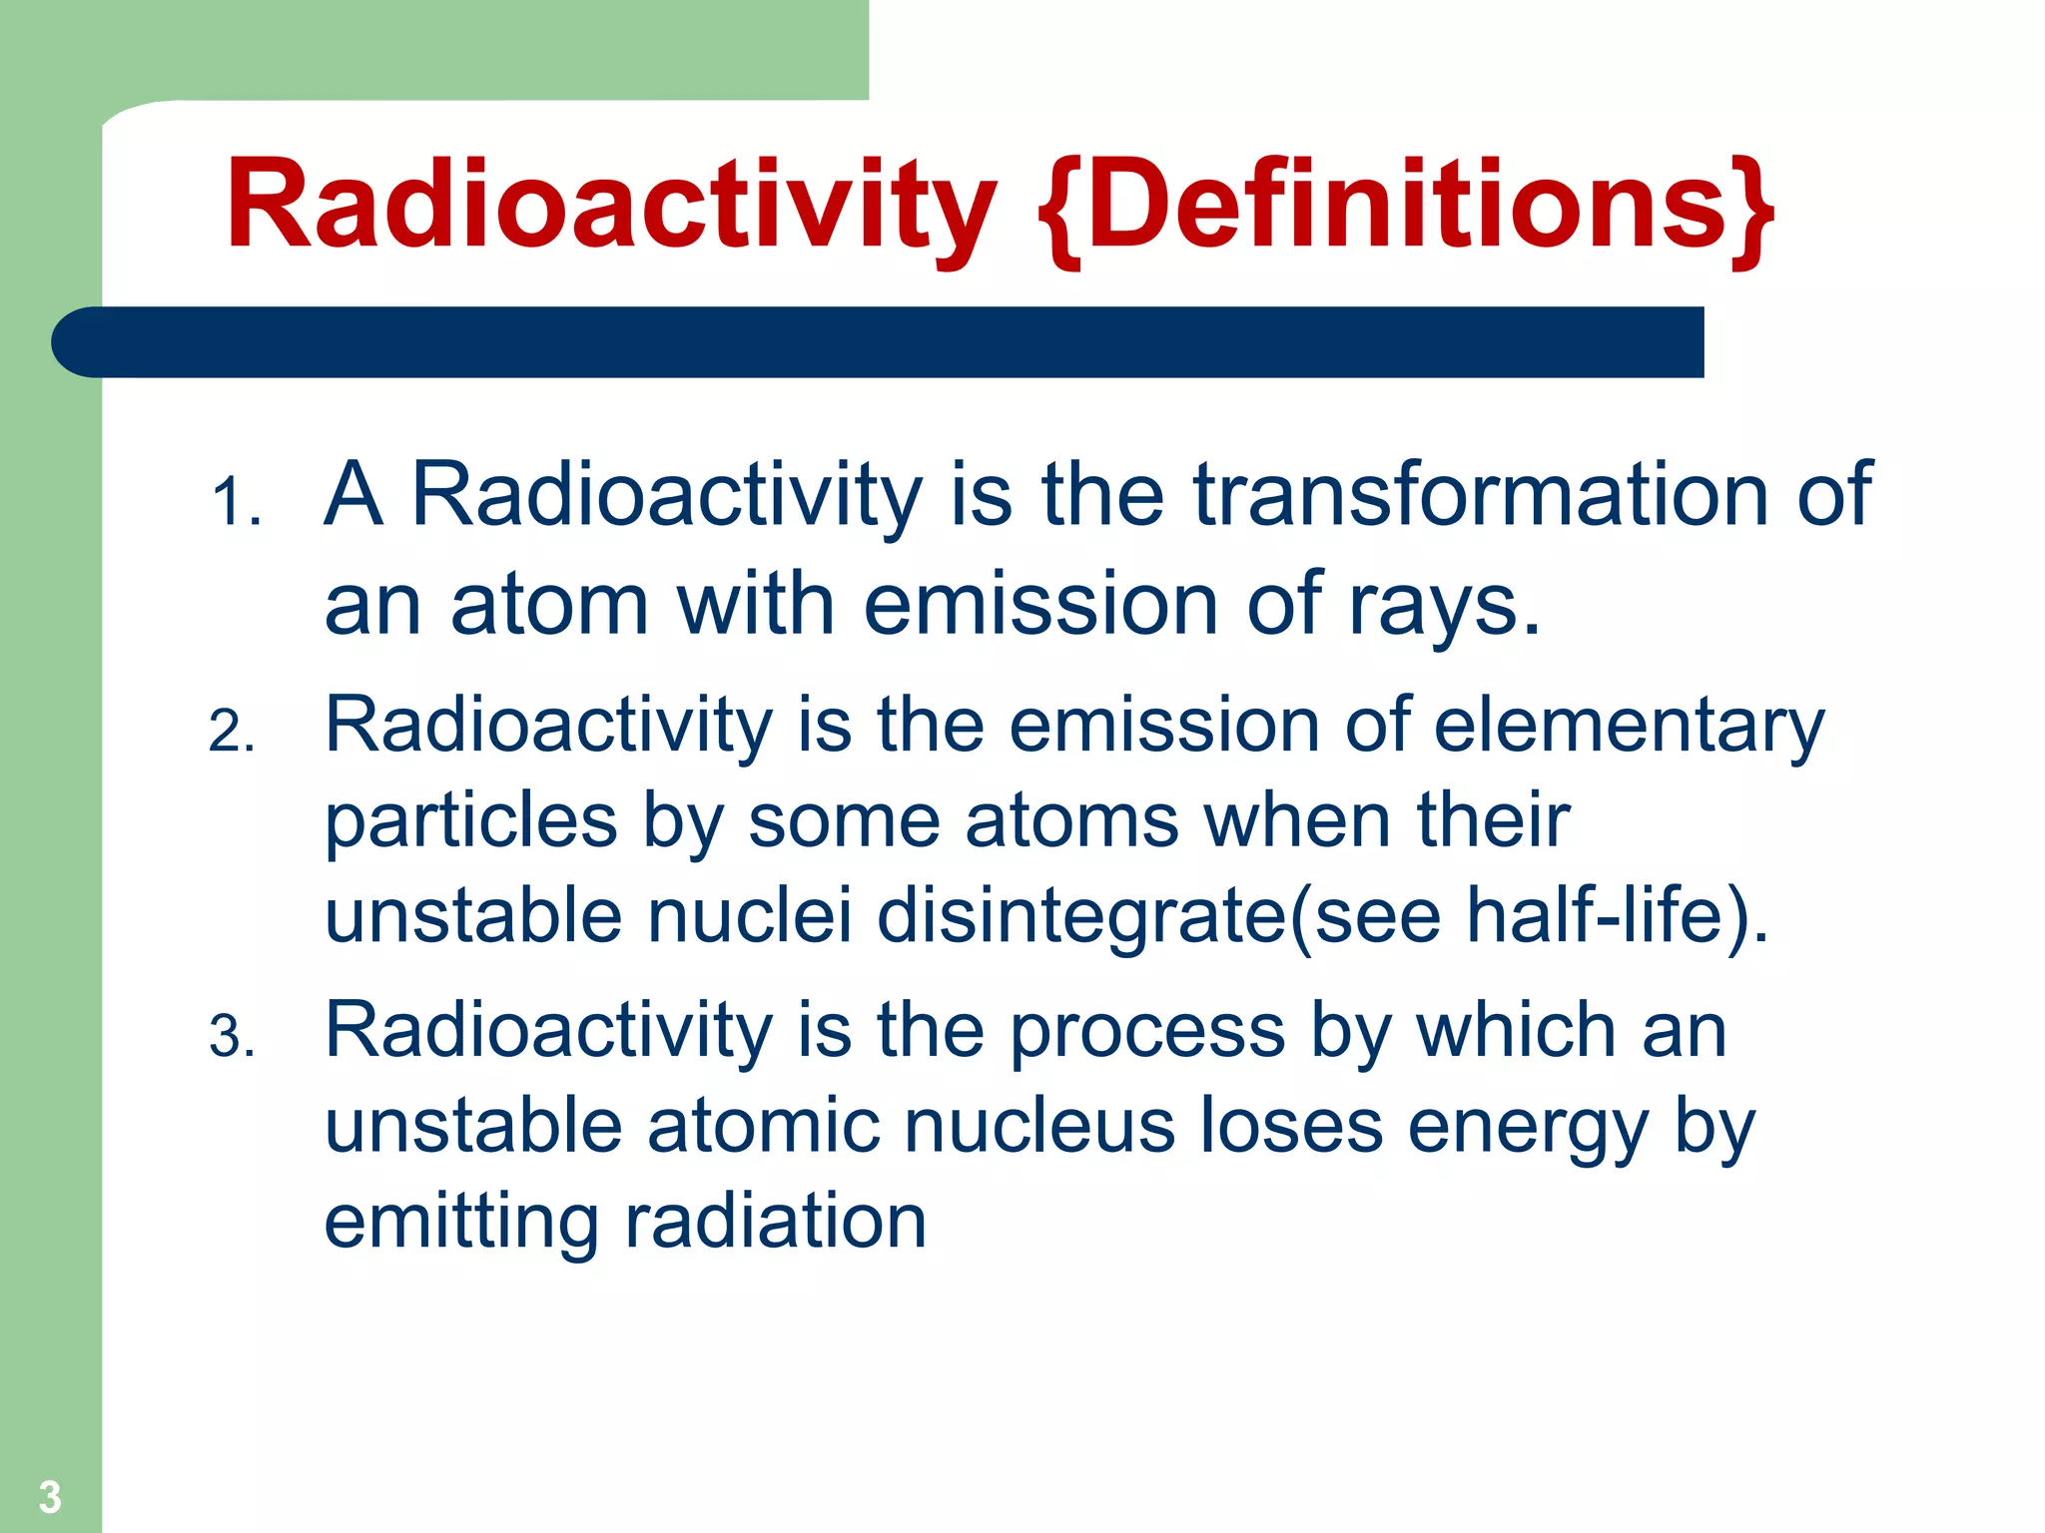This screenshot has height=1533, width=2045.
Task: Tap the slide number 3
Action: point(50,1497)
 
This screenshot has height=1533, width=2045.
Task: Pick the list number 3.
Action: point(232,1037)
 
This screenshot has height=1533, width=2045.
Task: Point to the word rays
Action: point(1443,605)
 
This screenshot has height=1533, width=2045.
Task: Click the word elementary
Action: point(1629,726)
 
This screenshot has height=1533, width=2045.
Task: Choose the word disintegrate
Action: point(1082,915)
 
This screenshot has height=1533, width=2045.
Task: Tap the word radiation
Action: point(776,1222)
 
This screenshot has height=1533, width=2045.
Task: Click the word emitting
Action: point(461,1222)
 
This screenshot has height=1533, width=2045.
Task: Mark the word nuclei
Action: point(750,915)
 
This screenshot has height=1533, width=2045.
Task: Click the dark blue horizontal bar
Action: point(879,342)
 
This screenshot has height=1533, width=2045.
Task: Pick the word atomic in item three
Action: point(764,1126)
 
